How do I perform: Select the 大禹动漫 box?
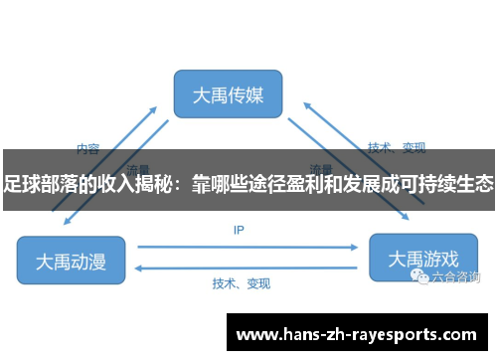(71, 261)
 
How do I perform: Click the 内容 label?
(87, 149)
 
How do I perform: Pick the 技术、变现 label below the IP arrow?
(241, 283)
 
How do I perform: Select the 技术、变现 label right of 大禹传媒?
(397, 148)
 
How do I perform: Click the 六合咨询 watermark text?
(456, 278)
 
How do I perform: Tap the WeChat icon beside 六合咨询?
(422, 278)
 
